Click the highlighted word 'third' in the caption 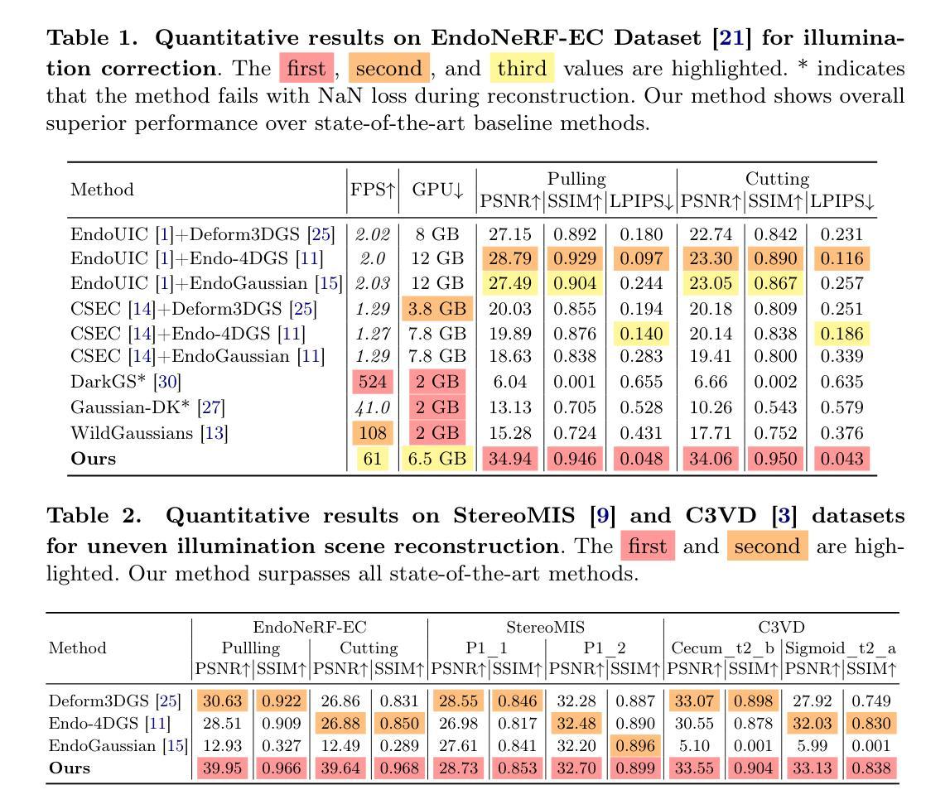(522, 68)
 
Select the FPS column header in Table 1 (373, 190)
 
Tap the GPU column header (437, 190)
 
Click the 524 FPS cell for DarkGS (373, 382)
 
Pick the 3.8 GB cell (436, 309)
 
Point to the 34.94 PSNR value (510, 459)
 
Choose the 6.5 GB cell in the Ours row (436, 459)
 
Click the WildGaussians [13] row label (149, 433)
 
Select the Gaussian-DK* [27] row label (147, 407)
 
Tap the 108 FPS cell (373, 433)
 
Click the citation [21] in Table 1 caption (731, 38)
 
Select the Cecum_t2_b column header (723, 648)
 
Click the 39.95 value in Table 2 (222, 768)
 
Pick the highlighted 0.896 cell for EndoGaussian (635, 745)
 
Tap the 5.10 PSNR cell (694, 745)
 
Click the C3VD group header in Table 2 (781, 628)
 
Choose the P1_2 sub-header (604, 648)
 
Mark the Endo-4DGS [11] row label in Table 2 (109, 723)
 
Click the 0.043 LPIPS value (841, 459)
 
